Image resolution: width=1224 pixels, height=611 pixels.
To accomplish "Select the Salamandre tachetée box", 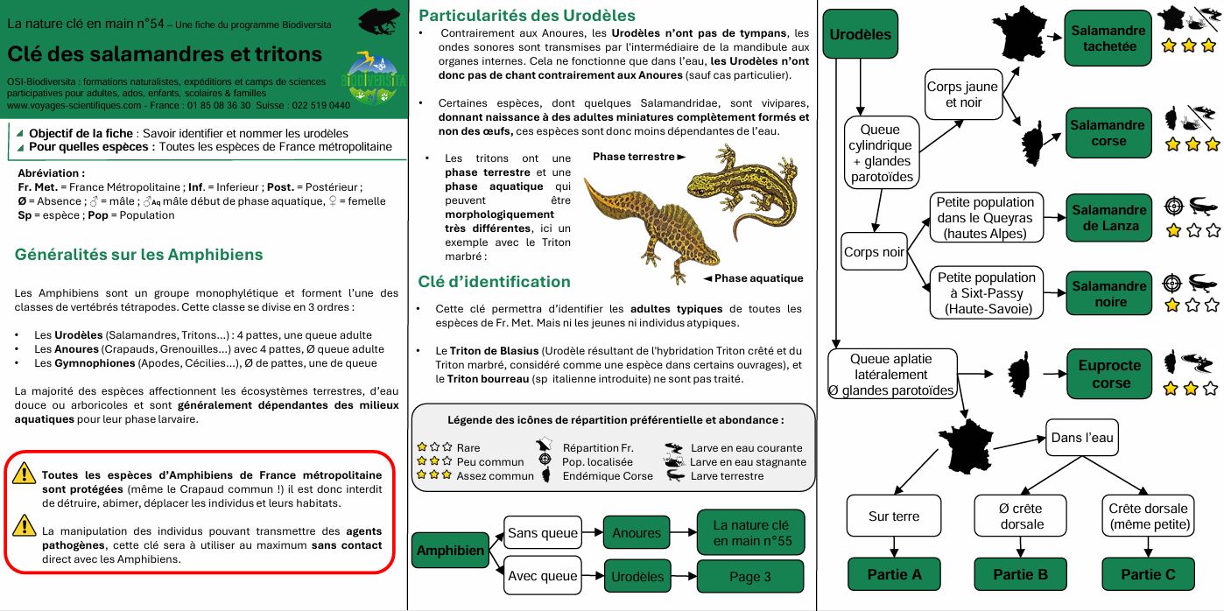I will (1108, 38).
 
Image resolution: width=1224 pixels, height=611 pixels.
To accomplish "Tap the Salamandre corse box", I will (1108, 133).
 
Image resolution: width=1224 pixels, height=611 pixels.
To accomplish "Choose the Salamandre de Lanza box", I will (1108, 218).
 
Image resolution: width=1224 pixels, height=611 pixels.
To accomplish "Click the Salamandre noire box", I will (1108, 294).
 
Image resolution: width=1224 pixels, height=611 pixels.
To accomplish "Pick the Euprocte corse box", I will (1110, 375).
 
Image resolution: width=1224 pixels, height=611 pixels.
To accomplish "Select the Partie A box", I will (894, 574).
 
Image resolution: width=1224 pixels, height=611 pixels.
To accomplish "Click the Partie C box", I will (1148, 574).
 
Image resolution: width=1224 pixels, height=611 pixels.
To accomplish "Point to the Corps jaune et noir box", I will (963, 95).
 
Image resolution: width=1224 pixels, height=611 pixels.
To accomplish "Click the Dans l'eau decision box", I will (1082, 438).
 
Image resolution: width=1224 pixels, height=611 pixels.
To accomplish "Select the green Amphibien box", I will (450, 551).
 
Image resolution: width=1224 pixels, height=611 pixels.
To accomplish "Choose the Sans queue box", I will (543, 532).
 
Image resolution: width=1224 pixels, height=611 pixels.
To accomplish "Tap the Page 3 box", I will (749, 577).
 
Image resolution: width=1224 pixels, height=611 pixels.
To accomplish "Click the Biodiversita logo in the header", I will (374, 78).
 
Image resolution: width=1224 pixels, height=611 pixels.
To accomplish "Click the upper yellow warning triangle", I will (25, 474).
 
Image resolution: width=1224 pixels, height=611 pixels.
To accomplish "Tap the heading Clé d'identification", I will (494, 282).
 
